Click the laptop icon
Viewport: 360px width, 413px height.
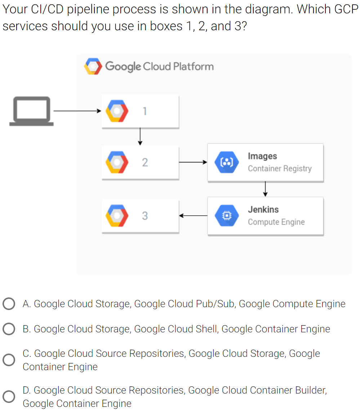tap(31, 111)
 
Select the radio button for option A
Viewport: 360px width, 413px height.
tap(9, 304)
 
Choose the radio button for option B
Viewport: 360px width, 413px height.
tap(9, 329)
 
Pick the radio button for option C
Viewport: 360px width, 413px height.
tap(9, 360)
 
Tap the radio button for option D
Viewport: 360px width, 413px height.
tap(9, 396)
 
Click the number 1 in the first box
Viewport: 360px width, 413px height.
tap(145, 111)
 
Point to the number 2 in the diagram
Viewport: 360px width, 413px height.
tap(145, 162)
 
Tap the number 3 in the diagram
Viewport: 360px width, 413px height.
tap(145, 216)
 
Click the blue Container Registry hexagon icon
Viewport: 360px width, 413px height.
tap(227, 162)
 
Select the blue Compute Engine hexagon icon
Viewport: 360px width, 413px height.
tap(227, 216)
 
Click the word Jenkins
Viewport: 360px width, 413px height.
tap(263, 210)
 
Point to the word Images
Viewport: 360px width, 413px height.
tap(262, 156)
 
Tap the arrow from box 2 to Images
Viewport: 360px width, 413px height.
tap(193, 162)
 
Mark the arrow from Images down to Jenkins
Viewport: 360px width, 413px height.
tap(265, 189)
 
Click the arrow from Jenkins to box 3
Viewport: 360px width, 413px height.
tap(193, 216)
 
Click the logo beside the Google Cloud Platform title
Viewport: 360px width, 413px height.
tap(93, 66)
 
